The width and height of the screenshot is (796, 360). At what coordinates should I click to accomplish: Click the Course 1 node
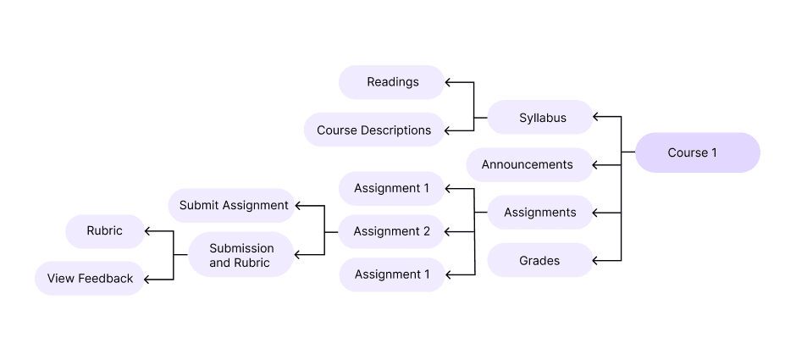[698, 152]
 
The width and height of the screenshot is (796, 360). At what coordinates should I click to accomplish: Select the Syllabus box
[540, 117]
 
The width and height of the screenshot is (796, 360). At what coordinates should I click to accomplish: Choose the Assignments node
[540, 212]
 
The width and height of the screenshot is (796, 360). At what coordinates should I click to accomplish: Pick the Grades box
[540, 260]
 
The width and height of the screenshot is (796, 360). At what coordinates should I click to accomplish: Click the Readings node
[392, 82]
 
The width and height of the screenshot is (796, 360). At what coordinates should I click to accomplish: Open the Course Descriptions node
[373, 130]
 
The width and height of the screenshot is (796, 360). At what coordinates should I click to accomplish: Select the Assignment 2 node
[392, 231]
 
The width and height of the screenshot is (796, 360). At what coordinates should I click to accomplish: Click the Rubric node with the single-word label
[105, 230]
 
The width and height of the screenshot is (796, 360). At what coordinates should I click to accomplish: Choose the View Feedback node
[90, 278]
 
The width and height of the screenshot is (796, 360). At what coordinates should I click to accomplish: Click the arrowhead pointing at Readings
[450, 82]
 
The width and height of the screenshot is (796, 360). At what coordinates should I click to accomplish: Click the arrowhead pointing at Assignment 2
[450, 231]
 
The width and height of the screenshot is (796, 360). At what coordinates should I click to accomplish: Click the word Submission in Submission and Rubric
[241, 248]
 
